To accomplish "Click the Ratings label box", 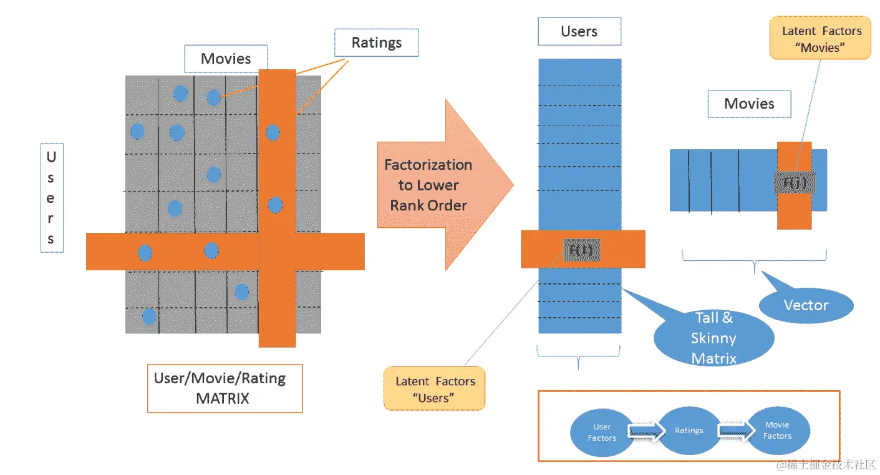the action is pyautogui.click(x=376, y=42).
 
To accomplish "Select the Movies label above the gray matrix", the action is pyautogui.click(x=226, y=59).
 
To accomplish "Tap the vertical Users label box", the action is pyautogui.click(x=52, y=198).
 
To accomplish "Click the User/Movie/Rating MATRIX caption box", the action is pyautogui.click(x=225, y=388).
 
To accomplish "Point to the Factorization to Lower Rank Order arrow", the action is pyautogui.click(x=445, y=185).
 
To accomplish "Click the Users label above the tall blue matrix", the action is pyautogui.click(x=579, y=31).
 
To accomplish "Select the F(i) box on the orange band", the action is pyautogui.click(x=581, y=250).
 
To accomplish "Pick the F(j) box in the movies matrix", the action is pyautogui.click(x=795, y=182).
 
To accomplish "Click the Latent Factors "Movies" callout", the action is pyautogui.click(x=820, y=38).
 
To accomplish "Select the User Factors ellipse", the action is pyautogui.click(x=602, y=433).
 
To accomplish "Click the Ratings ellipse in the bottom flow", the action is pyautogui.click(x=689, y=431).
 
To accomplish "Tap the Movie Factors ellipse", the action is pyautogui.click(x=778, y=431).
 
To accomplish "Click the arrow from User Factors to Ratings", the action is pyautogui.click(x=646, y=431).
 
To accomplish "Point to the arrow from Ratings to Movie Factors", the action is pyautogui.click(x=736, y=430).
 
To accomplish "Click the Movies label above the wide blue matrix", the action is pyautogui.click(x=749, y=104).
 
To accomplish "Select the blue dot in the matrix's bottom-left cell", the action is pyautogui.click(x=149, y=316).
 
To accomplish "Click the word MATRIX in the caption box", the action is pyautogui.click(x=223, y=399).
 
